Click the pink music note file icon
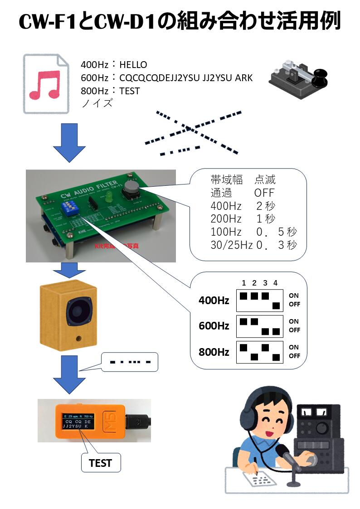(x=45, y=84)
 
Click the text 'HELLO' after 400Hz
(x=133, y=65)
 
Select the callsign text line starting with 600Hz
(x=166, y=78)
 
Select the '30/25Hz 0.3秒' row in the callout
(x=253, y=245)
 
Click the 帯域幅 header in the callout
(x=227, y=179)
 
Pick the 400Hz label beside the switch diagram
(x=214, y=300)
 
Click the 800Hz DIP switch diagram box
(x=260, y=352)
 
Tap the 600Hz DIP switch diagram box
(x=260, y=326)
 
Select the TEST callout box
(x=100, y=463)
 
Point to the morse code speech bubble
(x=129, y=362)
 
